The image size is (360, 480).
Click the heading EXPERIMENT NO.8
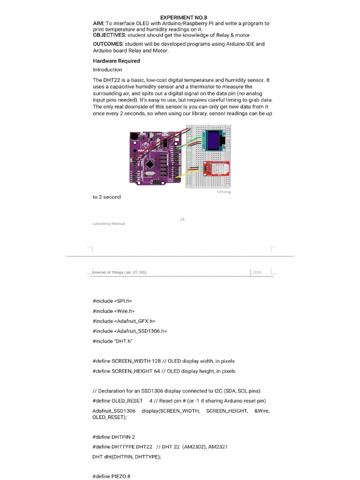click(180, 17)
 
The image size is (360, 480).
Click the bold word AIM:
click(99, 23)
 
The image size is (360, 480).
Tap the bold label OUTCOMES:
click(108, 44)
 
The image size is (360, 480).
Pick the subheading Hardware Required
click(116, 61)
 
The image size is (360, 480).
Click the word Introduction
click(107, 70)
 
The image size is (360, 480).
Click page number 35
click(182, 219)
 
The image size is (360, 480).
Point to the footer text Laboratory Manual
click(109, 224)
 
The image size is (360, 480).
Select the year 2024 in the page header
click(257, 272)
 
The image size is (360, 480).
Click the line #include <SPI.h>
click(115, 301)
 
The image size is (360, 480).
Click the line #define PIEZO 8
click(112, 476)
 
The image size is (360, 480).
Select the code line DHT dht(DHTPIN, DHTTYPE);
click(127, 457)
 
